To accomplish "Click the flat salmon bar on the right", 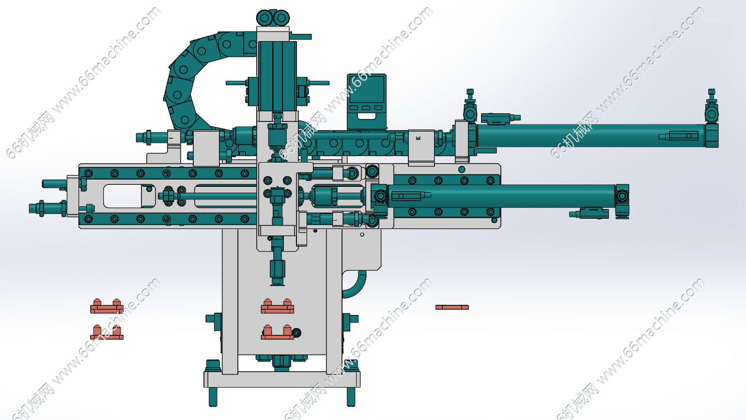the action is click(452, 307).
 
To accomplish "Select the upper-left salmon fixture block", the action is click(107, 307).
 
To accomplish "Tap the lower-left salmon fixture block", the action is click(107, 332).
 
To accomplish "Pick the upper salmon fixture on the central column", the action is click(278, 307).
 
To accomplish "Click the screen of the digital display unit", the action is click(367, 89).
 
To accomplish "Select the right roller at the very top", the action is click(281, 17).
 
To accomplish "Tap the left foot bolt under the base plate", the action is click(213, 397).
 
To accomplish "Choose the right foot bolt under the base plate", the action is click(351, 397).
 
